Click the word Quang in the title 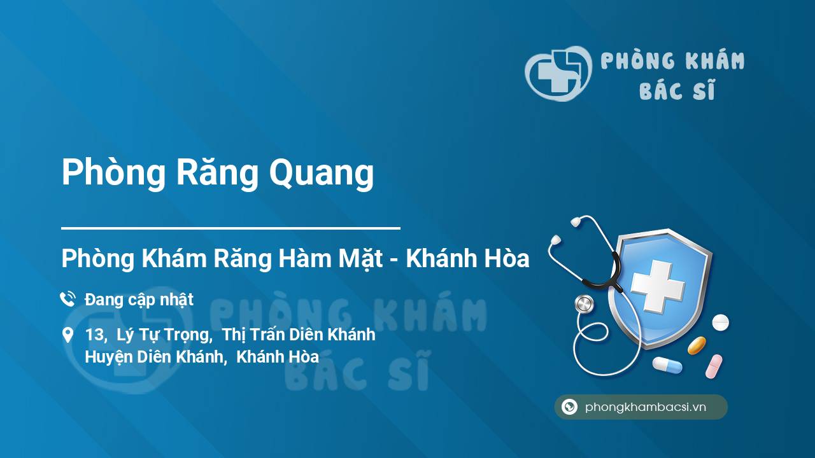(x=322, y=172)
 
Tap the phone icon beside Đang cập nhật (x=67, y=299)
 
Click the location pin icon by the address (x=67, y=335)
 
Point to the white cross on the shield (x=658, y=286)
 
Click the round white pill (x=720, y=323)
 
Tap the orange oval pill (x=697, y=345)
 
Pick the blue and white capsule (x=667, y=365)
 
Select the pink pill (x=714, y=366)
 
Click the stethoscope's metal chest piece (x=584, y=304)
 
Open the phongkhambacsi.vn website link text (x=646, y=406)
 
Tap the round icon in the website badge (x=569, y=406)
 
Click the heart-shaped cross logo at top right (x=558, y=73)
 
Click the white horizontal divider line (x=230, y=228)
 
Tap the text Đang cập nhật (x=139, y=300)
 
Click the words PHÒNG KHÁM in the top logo (x=672, y=60)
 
